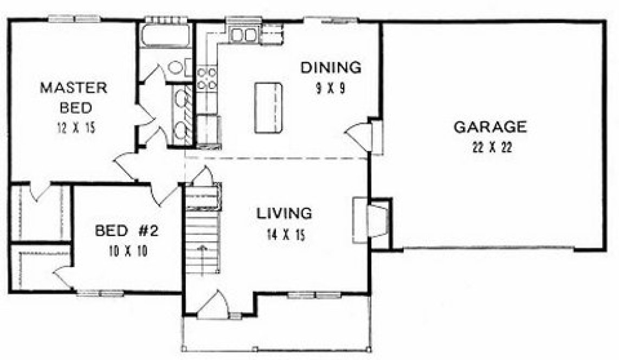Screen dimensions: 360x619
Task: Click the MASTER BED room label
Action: (73, 97)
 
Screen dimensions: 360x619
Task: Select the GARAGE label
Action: (489, 127)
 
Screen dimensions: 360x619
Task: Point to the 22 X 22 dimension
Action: (489, 148)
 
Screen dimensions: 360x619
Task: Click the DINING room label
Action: (331, 68)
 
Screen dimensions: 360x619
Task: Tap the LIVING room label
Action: (285, 213)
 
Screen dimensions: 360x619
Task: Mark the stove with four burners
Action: (207, 78)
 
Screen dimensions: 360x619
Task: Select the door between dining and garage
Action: (362, 136)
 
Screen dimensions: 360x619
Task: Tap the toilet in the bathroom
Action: (176, 68)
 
